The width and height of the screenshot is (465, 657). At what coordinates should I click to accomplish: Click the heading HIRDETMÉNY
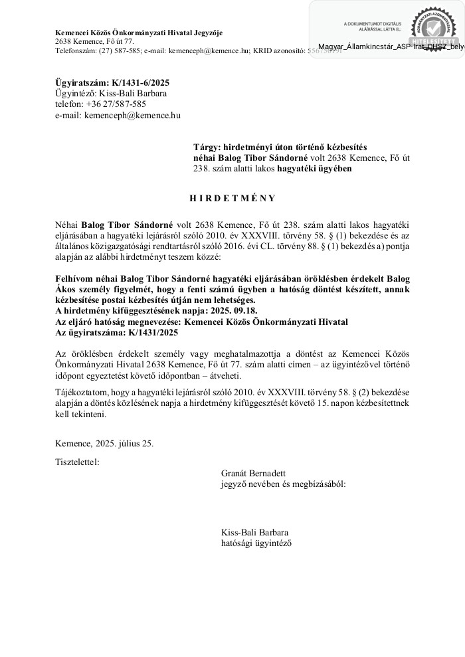(232, 198)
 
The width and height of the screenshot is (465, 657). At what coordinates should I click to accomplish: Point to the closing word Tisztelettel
(77, 461)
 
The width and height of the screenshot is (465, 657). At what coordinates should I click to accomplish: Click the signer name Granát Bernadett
(253, 473)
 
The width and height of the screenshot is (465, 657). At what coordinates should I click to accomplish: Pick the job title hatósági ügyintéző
(256, 543)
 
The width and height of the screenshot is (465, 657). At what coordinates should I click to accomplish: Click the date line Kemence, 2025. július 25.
(104, 443)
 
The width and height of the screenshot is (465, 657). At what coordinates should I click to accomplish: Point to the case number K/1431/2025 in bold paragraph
(150, 331)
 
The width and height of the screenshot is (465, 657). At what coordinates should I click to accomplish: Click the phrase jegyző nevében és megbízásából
(284, 484)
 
